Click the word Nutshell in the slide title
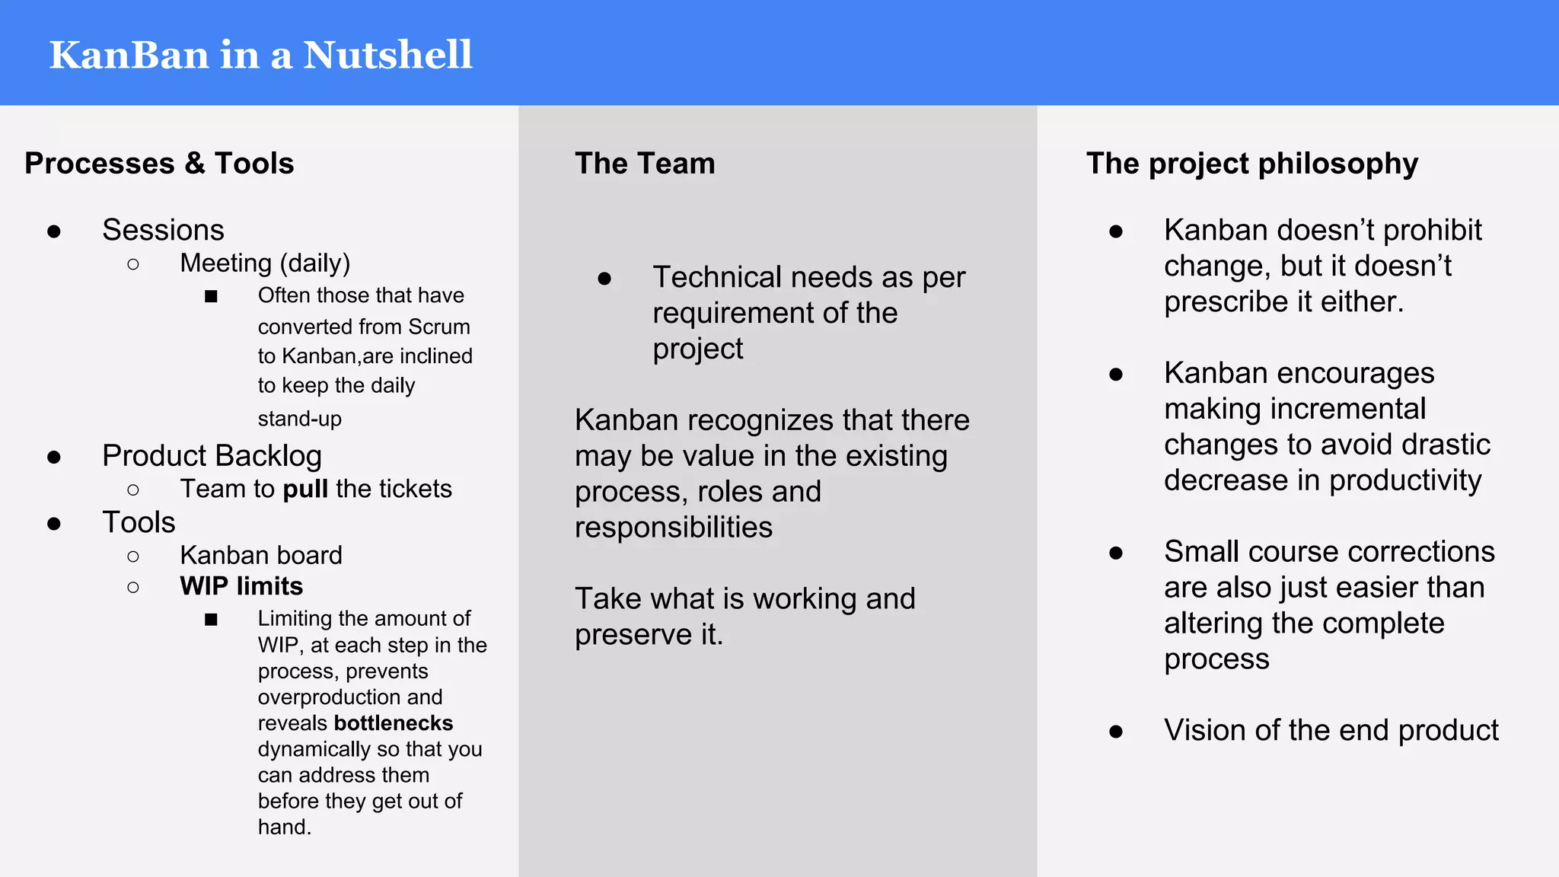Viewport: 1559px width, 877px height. (387, 56)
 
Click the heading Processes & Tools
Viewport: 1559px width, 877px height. (159, 164)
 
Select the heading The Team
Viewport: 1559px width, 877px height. (645, 164)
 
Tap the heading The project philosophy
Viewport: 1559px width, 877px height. (1252, 164)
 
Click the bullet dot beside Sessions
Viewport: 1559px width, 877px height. (54, 231)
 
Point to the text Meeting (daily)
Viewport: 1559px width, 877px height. (265, 263)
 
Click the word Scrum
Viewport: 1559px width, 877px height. (439, 327)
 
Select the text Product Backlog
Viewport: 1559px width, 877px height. (212, 456)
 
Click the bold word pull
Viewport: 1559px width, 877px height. (305, 489)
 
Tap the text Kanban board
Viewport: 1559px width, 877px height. (261, 555)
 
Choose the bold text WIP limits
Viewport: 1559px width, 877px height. (241, 586)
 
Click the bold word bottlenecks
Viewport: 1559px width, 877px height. (394, 723)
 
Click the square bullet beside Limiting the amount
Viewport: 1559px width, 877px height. (211, 620)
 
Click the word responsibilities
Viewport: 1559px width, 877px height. (674, 528)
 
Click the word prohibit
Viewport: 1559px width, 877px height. (1432, 231)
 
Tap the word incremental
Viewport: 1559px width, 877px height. (1295, 409)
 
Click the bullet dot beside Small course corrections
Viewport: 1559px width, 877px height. (1116, 553)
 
